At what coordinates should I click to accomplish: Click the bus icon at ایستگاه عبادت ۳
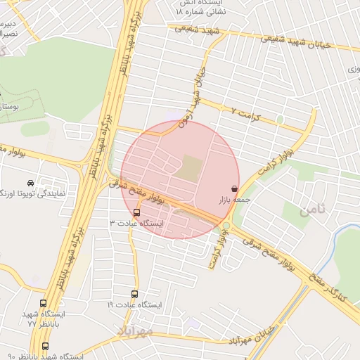[x=136, y=212]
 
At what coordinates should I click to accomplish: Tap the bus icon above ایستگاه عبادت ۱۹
[x=134, y=294]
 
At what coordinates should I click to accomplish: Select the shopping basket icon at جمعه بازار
[x=233, y=189]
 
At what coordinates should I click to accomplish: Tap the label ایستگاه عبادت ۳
[x=136, y=223]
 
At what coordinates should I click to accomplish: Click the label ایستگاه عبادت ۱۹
[x=134, y=305]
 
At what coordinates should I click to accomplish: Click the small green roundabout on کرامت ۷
[x=280, y=120]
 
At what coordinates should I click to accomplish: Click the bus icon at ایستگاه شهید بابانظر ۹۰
[x=46, y=347]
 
